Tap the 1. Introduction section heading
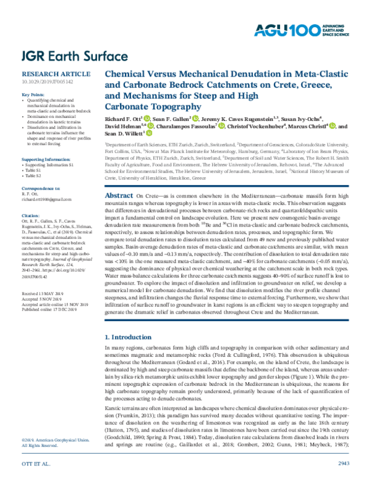(x=127, y=337)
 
